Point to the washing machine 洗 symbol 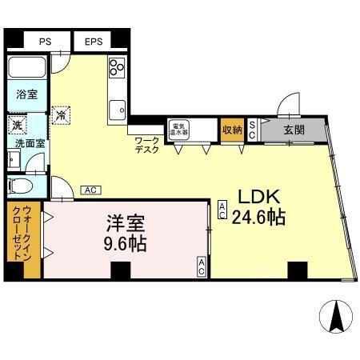pyautogui.click(x=16, y=126)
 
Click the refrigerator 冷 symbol pyautogui.click(x=60, y=114)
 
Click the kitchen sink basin pyautogui.click(x=118, y=106)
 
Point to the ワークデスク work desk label pyautogui.click(x=147, y=145)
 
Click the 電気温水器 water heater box pyautogui.click(x=177, y=129)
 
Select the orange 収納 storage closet pyautogui.click(x=232, y=129)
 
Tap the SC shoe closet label pyautogui.click(x=251, y=130)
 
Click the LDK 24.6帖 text pyautogui.click(x=256, y=207)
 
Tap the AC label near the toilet pyautogui.click(x=90, y=190)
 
